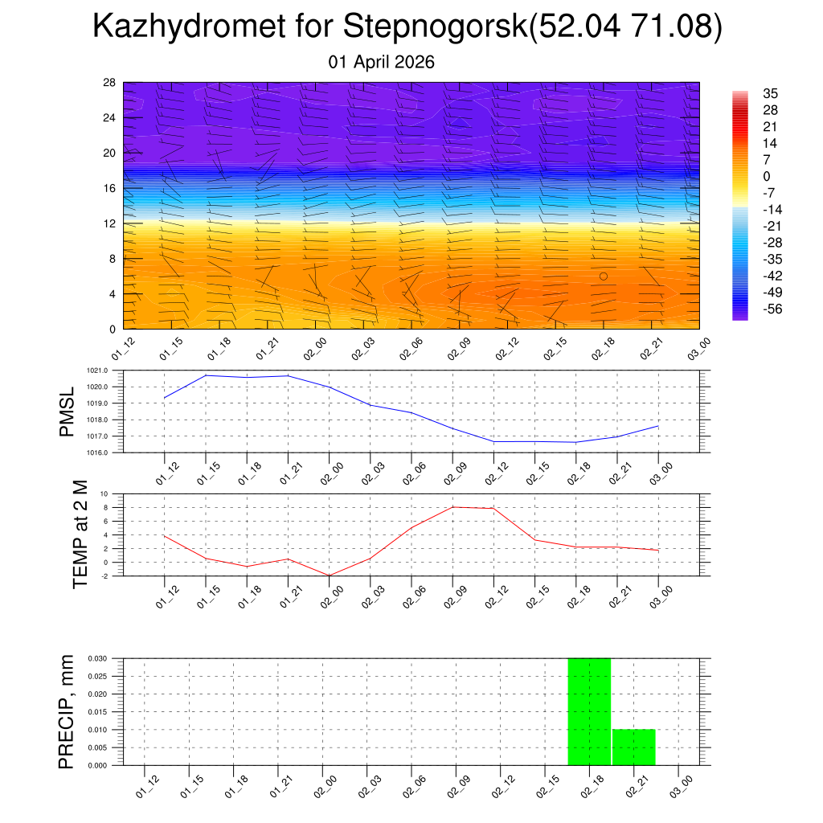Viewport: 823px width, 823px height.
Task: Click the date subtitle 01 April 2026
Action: click(382, 62)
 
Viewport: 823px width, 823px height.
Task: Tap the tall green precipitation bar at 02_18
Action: click(589, 711)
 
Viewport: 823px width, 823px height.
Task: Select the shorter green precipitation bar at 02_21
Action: click(633, 747)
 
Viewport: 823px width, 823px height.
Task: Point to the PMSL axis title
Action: click(67, 411)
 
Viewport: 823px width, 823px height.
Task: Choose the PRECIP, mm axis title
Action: click(67, 711)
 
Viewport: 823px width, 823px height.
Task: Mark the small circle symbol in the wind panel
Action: click(604, 276)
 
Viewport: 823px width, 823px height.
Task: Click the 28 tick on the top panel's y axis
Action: click(109, 83)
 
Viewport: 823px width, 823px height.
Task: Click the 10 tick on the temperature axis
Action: click(104, 493)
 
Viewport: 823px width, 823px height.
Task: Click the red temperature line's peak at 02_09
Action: click(452, 507)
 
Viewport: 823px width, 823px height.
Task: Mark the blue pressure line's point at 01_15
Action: click(206, 375)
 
